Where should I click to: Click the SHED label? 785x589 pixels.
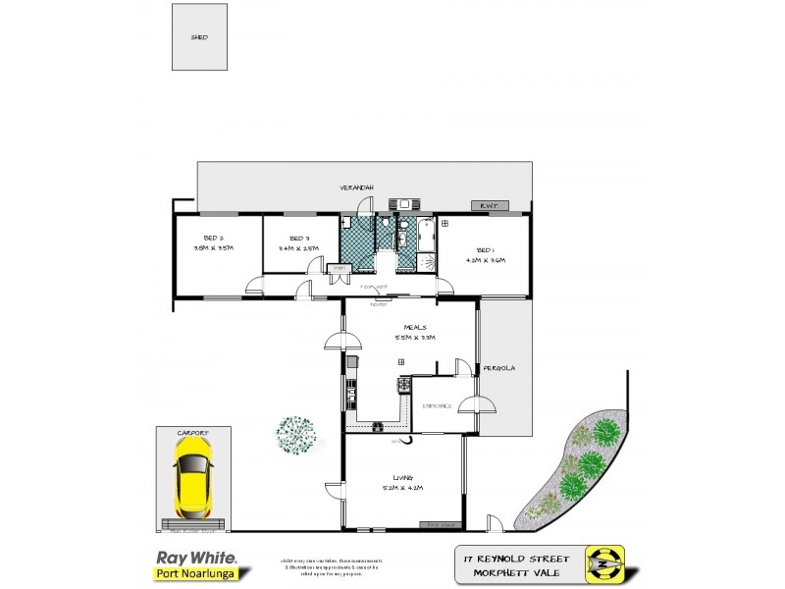[199, 37]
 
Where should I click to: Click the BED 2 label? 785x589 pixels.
[215, 239]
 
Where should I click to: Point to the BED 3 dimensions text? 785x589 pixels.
[298, 249]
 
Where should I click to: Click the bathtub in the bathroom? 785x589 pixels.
[425, 236]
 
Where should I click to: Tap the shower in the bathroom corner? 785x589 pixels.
[429, 260]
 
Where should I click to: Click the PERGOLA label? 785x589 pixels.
[500, 368]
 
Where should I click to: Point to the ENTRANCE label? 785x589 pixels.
[437, 405]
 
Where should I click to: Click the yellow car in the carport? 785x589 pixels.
[193, 477]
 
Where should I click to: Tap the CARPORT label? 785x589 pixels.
[193, 430]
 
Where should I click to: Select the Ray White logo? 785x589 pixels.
[195, 557]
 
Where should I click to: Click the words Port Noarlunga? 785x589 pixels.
[195, 574]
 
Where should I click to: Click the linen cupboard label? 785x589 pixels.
[340, 267]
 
